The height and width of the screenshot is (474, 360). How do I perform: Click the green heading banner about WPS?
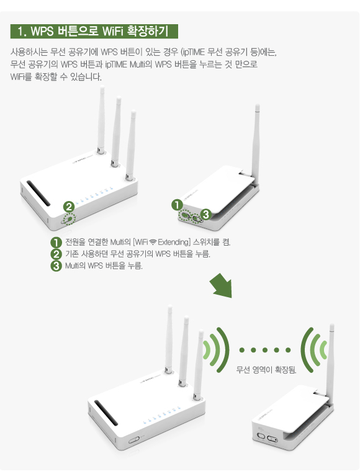tap(94, 31)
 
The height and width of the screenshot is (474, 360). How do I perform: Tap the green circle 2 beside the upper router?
tap(69, 207)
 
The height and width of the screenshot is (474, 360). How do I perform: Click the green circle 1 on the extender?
tap(177, 205)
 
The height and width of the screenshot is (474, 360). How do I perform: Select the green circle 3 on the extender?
tap(205, 214)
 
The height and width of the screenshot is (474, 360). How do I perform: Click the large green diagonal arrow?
tap(222, 285)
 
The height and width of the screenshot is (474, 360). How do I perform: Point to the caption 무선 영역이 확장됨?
tap(266, 369)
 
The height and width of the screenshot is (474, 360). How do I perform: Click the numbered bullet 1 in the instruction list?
tap(56, 242)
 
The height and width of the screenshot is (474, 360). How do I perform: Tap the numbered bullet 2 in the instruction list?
tap(56, 254)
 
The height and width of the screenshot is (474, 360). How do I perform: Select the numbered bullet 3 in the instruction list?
tap(56, 266)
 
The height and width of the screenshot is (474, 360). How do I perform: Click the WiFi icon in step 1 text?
tap(153, 242)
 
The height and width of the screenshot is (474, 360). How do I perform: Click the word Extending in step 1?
tap(174, 242)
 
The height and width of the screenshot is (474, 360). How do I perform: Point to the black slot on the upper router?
tap(38, 194)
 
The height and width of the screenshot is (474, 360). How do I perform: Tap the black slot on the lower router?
tap(106, 413)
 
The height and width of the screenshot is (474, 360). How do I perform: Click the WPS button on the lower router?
tap(134, 440)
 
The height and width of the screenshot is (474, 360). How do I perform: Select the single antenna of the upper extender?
tap(256, 142)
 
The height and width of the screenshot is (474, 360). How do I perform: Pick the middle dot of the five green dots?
tap(265, 350)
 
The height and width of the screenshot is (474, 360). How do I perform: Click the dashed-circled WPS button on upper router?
tap(69, 220)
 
